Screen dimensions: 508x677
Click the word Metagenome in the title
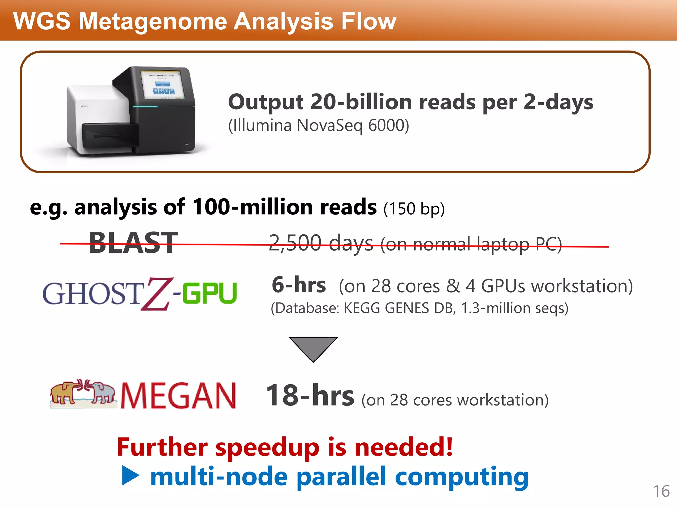pyautogui.click(x=155, y=21)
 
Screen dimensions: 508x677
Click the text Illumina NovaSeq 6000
pyautogui.click(x=319, y=126)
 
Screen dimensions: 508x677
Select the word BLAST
pyautogui.click(x=133, y=243)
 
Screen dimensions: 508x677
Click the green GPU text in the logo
pyautogui.click(x=210, y=293)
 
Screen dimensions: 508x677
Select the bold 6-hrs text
pyautogui.click(x=299, y=285)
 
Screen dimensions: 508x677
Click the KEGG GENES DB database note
pyautogui.click(x=419, y=308)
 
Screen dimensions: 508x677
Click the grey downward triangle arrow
pyautogui.click(x=313, y=347)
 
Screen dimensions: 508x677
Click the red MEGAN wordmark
pyautogui.click(x=179, y=396)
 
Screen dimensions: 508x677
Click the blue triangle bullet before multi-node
pyautogui.click(x=130, y=476)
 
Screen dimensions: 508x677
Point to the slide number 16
pyautogui.click(x=661, y=491)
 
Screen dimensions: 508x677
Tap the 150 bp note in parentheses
pyautogui.click(x=414, y=209)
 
